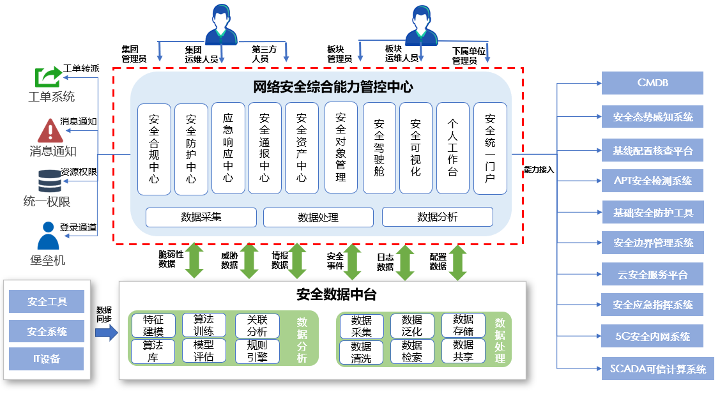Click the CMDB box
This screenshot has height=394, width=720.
pos(652,83)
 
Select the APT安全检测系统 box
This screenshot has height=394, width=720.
pos(652,181)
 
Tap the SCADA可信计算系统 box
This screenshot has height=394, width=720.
pos(657,368)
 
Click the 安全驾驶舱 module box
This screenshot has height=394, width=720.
pos(379,148)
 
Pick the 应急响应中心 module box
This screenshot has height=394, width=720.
pos(228,148)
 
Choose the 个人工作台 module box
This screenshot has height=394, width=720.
pos(453,148)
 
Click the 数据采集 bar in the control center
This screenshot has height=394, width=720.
pos(201,217)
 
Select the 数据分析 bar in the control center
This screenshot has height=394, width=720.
pos(437,217)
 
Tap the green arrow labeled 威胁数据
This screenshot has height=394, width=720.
pos(249,261)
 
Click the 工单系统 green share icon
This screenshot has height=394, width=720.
pos(47,77)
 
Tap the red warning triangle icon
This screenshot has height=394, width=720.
pos(49,130)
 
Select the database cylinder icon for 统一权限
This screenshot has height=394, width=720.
pos(49,181)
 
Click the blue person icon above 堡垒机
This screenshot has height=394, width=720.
pos(48,236)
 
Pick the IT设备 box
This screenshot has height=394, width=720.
pos(47,359)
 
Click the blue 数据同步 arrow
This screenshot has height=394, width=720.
pos(106,332)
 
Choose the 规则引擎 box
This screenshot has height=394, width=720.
pos(257,351)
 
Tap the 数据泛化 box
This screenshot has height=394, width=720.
pos(412,326)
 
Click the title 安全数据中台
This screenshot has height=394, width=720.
pos(336,294)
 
